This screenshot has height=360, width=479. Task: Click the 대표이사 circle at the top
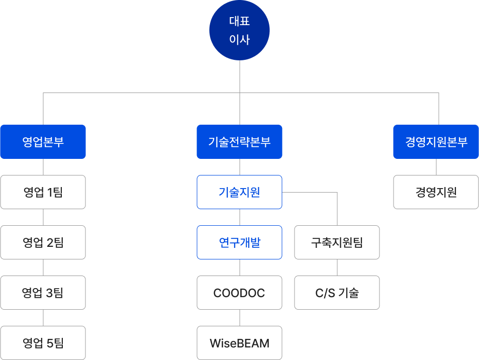239,30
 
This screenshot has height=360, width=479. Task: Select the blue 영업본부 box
43,142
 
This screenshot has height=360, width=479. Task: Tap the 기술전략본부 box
239,142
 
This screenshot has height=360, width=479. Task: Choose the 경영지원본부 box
436,142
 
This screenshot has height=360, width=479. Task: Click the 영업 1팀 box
43,192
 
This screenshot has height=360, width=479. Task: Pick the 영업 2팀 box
43,242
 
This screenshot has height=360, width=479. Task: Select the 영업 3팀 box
43,293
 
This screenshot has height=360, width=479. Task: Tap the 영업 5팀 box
43,343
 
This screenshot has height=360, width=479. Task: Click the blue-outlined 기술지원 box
239,192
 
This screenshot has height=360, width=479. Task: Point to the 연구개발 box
239,242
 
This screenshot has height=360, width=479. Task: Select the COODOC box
239,293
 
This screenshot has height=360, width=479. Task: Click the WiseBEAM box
239,343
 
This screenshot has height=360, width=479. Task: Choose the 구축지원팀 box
337,242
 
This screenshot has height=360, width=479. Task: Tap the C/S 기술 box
337,293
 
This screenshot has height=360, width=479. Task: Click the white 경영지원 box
436,192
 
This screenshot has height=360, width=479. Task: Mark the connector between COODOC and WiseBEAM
239,318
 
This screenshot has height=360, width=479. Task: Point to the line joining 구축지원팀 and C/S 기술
337,267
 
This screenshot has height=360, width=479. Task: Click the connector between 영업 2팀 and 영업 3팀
43,267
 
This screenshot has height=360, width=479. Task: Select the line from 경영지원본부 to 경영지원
436,167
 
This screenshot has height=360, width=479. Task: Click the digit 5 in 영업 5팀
50,343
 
